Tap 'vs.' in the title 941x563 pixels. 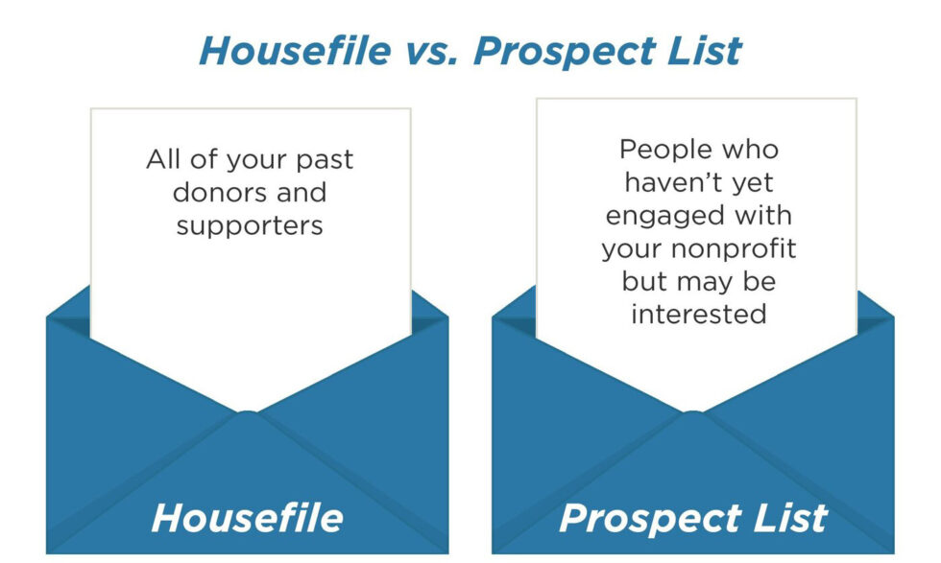438,50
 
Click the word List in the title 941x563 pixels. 706,50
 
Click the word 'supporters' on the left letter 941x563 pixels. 250,226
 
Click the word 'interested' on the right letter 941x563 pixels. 698,315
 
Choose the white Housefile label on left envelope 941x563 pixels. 247,518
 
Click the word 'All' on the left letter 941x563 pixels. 162,158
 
